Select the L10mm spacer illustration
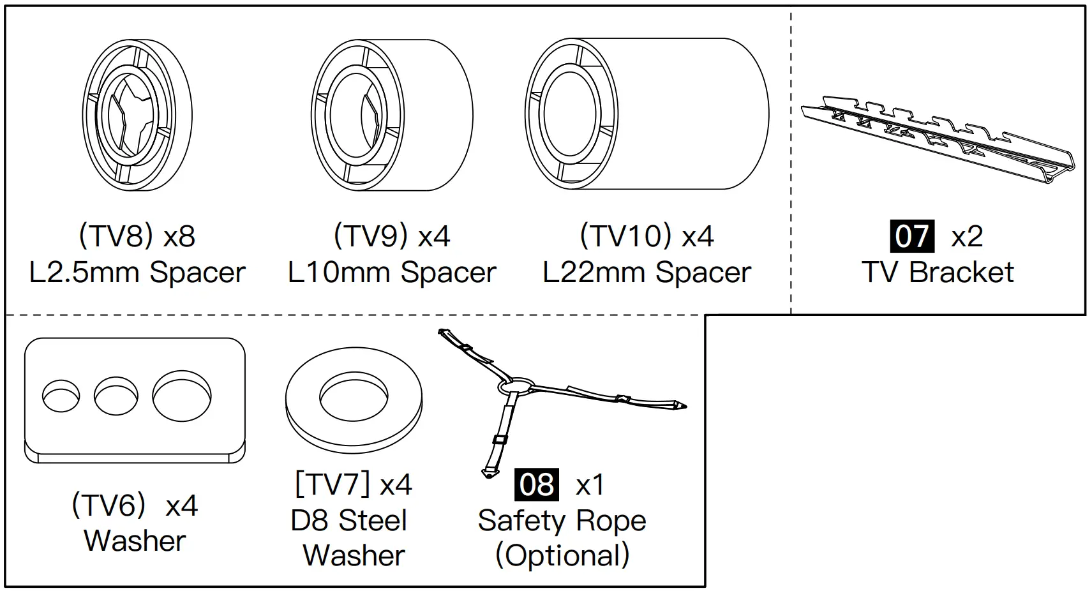(x=392, y=115)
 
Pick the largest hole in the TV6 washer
(x=182, y=396)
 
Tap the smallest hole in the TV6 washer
(x=61, y=396)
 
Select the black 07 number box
(x=912, y=237)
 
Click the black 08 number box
(x=537, y=484)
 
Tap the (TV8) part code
(x=116, y=237)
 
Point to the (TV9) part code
(x=370, y=237)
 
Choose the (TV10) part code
(x=625, y=237)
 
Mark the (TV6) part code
(x=109, y=505)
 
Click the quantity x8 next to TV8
(x=179, y=237)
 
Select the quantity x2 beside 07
(x=967, y=237)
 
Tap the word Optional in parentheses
(x=562, y=555)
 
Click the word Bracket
(x=961, y=273)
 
